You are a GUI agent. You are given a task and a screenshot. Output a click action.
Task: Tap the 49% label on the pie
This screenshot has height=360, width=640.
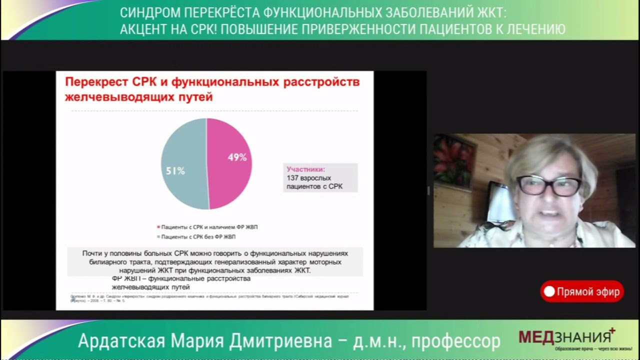[x=237, y=157]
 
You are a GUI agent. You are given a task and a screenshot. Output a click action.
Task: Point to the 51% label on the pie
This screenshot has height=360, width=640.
[x=175, y=171]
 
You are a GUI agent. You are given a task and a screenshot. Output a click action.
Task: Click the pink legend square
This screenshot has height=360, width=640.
[x=159, y=227]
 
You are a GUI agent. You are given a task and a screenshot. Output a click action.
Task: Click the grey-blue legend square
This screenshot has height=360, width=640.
[x=159, y=236]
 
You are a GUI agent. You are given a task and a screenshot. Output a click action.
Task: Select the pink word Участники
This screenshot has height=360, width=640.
[x=305, y=169]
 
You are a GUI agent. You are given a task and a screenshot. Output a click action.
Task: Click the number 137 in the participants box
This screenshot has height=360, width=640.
[x=292, y=178]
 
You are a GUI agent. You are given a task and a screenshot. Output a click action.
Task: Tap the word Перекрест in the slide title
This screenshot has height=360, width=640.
[x=96, y=81]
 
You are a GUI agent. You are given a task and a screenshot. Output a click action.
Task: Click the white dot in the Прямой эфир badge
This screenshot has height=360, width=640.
[x=549, y=291]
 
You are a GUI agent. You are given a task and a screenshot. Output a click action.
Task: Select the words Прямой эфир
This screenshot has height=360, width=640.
[x=588, y=291]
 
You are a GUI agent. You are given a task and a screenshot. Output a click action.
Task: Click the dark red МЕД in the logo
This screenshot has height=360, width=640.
[x=536, y=337]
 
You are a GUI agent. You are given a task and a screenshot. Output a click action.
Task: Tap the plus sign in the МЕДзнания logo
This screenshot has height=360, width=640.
[x=612, y=330]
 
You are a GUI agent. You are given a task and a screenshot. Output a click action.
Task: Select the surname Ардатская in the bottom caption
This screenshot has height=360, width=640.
[x=121, y=341]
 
